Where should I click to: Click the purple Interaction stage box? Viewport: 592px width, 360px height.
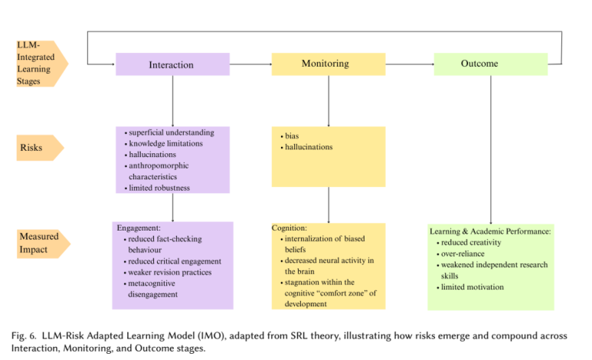(x=172, y=64)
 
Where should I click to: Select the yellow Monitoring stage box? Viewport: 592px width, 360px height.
(x=328, y=64)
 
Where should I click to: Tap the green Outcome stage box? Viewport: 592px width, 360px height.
(x=490, y=64)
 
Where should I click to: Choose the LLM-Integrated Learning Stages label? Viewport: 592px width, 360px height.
(x=38, y=64)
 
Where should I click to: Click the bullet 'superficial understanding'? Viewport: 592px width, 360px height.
(x=170, y=133)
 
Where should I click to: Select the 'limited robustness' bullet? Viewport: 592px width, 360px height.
(x=159, y=188)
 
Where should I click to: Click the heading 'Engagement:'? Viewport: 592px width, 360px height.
(x=139, y=227)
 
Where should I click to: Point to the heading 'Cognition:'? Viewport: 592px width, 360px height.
(x=289, y=227)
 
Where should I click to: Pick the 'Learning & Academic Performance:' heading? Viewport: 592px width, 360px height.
(x=490, y=231)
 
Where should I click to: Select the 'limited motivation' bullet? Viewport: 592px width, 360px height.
(x=472, y=287)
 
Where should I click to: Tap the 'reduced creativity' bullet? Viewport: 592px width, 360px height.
(x=470, y=242)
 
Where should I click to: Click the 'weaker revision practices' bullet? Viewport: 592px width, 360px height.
(x=170, y=272)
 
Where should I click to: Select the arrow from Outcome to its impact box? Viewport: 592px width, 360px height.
(x=490, y=149)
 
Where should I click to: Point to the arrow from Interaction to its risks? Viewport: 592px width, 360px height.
(x=172, y=100)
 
